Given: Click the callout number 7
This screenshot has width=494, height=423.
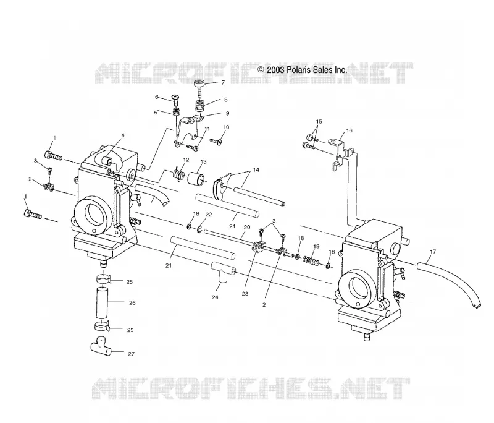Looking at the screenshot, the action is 223,83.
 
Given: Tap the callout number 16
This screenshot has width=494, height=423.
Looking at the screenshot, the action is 349,130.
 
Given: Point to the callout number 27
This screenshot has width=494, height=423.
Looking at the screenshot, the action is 131,354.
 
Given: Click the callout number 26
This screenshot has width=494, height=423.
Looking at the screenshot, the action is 132,303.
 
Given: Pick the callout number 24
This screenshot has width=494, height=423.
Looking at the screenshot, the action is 215,297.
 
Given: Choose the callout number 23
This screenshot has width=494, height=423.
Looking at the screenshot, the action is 245,294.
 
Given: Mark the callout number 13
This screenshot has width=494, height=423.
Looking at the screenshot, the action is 203,162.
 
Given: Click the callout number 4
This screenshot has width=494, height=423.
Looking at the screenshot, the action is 123,135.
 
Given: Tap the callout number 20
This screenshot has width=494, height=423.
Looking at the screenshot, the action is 247,227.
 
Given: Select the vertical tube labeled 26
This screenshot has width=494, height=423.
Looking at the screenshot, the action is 102,301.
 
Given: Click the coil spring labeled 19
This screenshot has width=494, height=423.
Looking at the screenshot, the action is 311,260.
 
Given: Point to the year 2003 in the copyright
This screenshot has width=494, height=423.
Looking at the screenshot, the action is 276,70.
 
